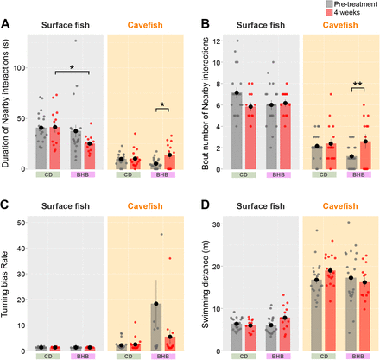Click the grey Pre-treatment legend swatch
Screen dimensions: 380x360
(x=329, y=4)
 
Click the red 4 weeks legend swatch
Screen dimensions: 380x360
(x=329, y=12)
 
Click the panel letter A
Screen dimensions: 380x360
(x=5, y=24)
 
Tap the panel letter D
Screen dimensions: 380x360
(x=206, y=205)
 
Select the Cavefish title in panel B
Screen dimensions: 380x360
(x=340, y=25)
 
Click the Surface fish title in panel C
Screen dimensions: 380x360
(x=66, y=206)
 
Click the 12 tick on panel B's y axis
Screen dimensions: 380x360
(x=217, y=41)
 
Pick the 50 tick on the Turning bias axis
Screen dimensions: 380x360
(x=22, y=223)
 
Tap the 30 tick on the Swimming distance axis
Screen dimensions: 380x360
(x=217, y=224)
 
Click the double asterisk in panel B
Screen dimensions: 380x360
(x=358, y=84)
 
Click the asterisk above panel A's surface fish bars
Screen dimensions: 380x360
(x=72, y=68)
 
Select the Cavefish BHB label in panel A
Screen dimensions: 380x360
(x=163, y=174)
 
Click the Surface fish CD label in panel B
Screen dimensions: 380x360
(x=244, y=174)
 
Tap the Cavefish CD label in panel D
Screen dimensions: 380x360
(x=324, y=357)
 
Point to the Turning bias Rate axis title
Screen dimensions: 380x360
(x=4, y=285)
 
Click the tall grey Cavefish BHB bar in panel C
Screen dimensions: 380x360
(x=156, y=327)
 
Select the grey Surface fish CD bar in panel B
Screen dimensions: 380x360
(x=237, y=131)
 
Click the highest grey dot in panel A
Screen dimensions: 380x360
(x=76, y=41)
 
